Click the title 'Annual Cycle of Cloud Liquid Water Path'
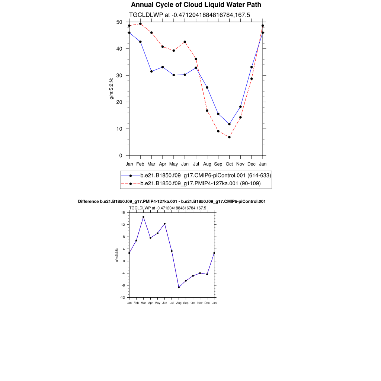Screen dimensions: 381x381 tap(196, 5)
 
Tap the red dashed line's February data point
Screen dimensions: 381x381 tap(140, 24)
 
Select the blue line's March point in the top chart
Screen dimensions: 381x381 tap(151, 71)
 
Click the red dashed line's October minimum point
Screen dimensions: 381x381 tap(229, 137)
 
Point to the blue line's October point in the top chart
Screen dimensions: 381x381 tap(229, 124)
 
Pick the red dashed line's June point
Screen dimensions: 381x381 tap(185, 42)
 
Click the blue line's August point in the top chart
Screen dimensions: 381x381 tap(207, 87)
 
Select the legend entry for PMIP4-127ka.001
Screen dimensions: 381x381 tap(200, 183)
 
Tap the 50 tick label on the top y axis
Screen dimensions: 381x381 tap(119, 22)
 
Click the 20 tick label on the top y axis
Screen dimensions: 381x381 tap(119, 102)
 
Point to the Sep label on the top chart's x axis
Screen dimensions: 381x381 tap(218, 164)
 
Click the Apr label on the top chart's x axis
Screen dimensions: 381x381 tap(163, 164)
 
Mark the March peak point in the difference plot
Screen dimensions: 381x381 tap(143, 217)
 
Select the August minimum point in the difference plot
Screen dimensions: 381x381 tap(179, 287)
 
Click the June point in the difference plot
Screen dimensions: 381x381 tap(164, 224)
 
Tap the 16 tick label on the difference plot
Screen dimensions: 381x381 tap(122, 212)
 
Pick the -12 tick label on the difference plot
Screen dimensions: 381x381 tap(122, 297)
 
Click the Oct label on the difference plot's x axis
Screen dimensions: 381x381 tap(193, 303)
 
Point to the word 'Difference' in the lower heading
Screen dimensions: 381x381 tap(88, 201)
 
